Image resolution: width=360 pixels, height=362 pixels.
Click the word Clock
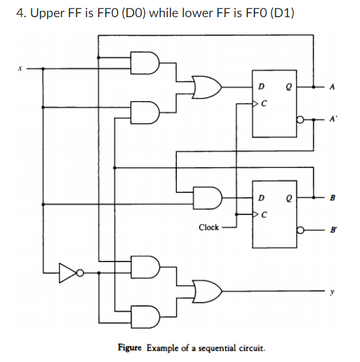point(209,227)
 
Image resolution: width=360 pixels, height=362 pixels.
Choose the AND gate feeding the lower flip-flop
point(209,197)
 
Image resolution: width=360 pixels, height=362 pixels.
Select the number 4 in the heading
point(18,13)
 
